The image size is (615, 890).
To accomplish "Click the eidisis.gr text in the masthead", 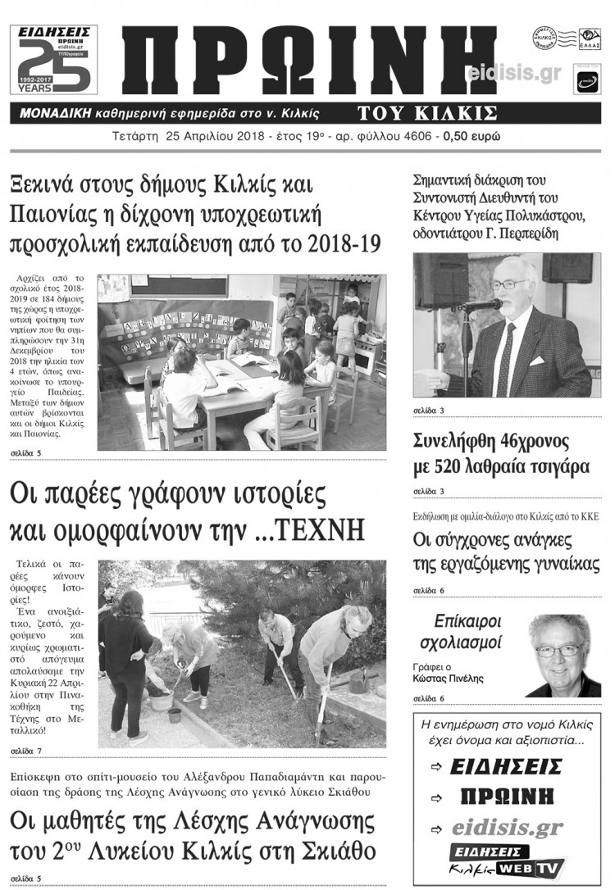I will [513, 74].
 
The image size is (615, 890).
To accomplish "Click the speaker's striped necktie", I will [506, 361].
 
